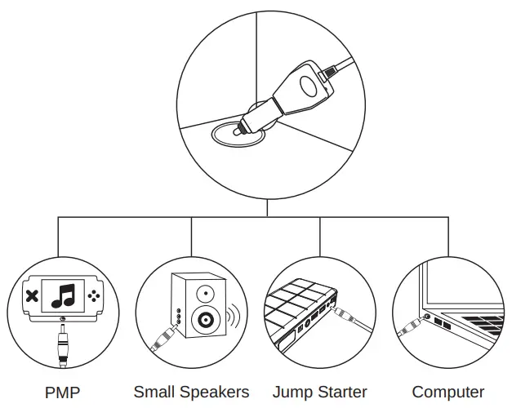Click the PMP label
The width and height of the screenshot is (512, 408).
click(x=64, y=392)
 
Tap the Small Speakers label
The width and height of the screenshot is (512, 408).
click(x=191, y=392)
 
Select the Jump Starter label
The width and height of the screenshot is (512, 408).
click(x=319, y=392)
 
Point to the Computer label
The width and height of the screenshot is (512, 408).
click(x=447, y=392)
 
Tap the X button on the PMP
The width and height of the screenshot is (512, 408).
click(x=31, y=296)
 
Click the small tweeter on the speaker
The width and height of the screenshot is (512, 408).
click(x=205, y=291)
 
